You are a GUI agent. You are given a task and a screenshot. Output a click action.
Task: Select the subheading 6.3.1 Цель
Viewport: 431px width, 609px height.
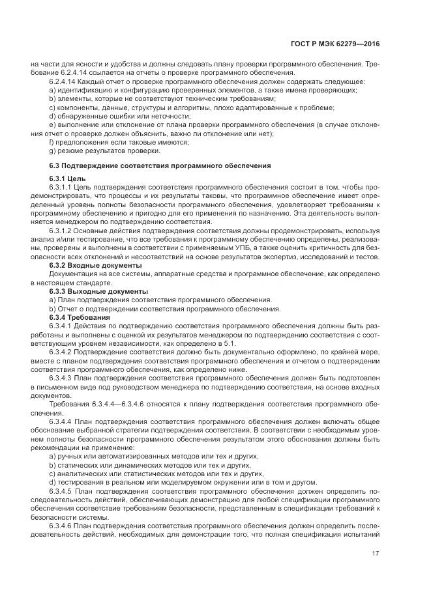[68, 178]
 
